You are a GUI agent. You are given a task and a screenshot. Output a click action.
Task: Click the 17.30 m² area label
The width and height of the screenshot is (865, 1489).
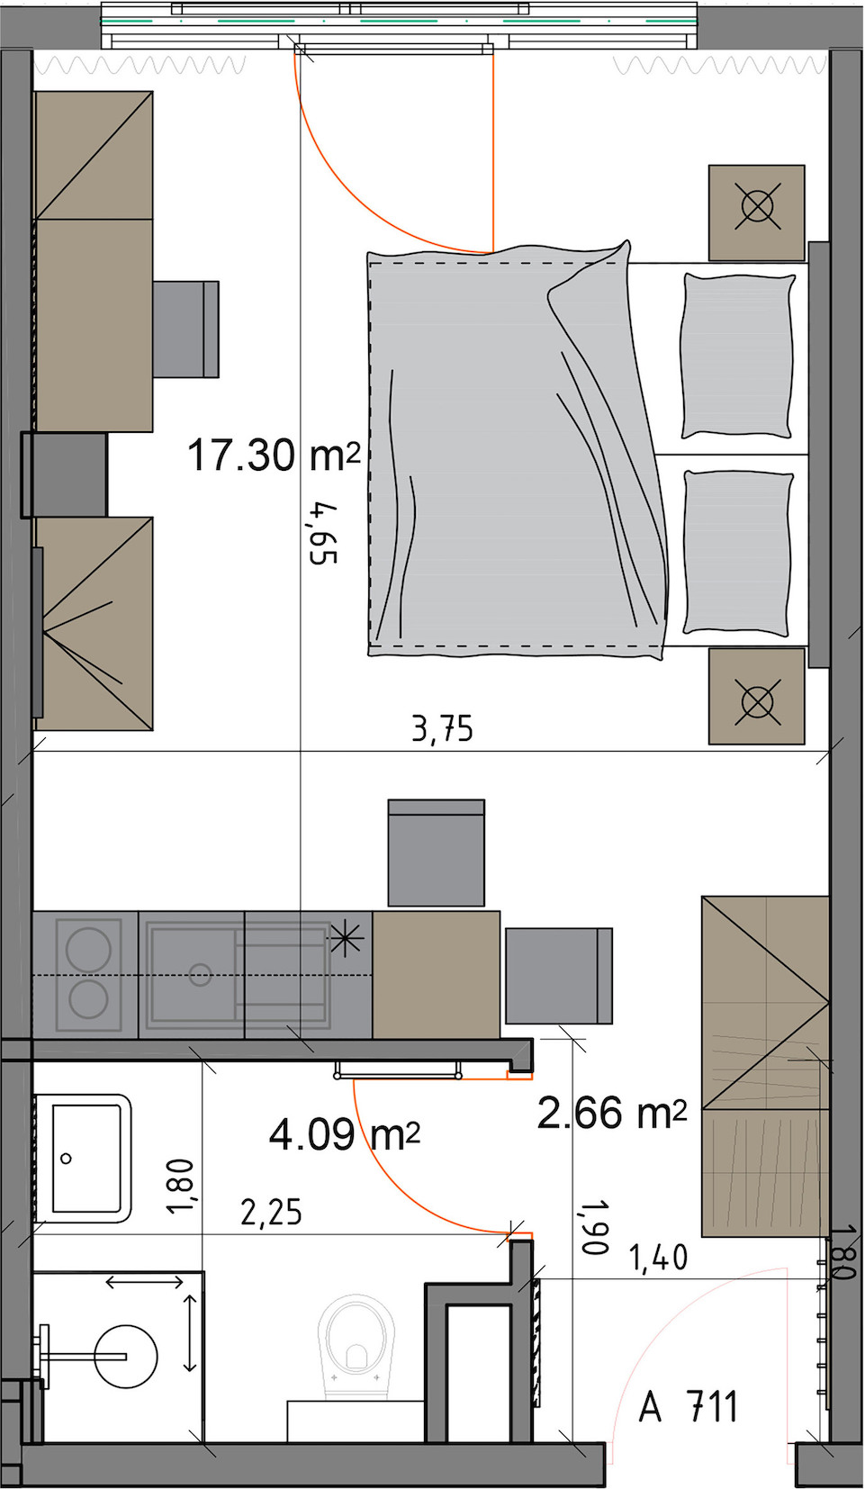click(274, 455)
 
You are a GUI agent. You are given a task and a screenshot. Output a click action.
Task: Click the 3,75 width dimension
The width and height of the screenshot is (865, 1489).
click(443, 729)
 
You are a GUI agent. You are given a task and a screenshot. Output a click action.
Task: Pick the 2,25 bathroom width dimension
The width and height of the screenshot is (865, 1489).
click(271, 1211)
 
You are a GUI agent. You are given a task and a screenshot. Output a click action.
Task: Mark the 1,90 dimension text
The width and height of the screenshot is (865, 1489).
click(595, 1227)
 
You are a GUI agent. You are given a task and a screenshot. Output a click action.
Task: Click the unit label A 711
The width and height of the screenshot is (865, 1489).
click(689, 1407)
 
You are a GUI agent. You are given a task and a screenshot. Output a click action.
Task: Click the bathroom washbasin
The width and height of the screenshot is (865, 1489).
click(84, 1158)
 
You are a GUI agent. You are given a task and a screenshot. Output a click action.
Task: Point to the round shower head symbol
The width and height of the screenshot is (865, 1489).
click(126, 1356)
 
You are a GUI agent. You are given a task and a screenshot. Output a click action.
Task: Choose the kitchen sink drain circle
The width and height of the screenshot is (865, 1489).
click(200, 975)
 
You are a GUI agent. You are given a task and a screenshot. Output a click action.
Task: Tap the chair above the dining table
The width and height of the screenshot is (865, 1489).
click(437, 853)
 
